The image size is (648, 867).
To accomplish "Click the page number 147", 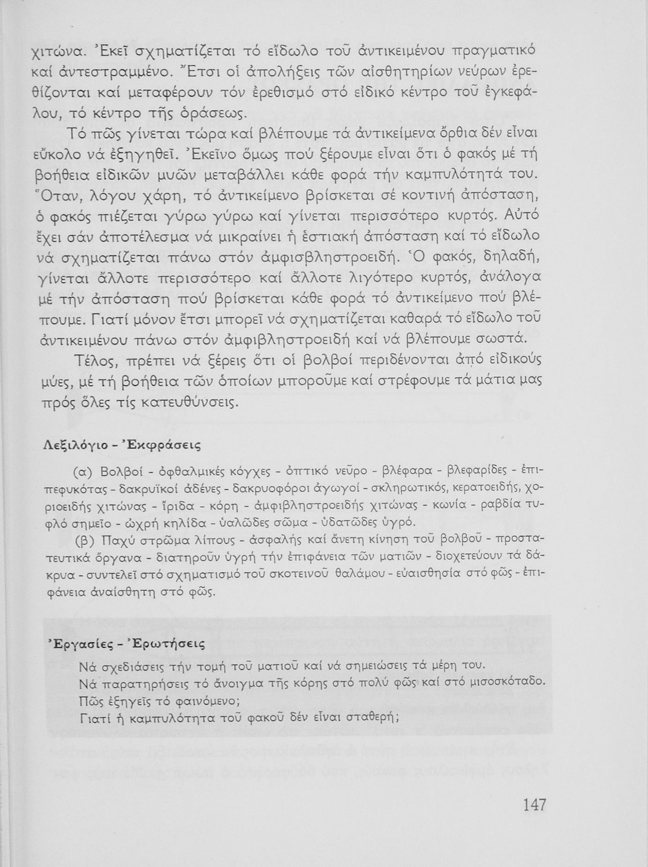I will pyautogui.click(x=534, y=805).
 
